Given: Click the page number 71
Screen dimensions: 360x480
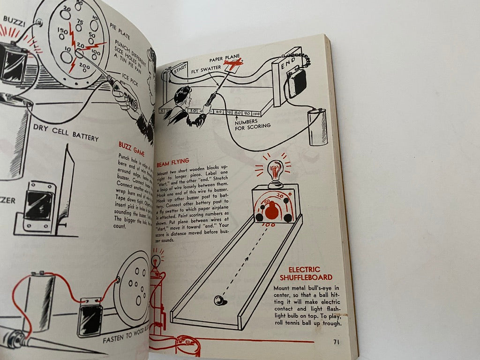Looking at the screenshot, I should coord(336,342).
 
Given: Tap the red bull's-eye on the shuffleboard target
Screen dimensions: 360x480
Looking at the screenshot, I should coord(272,212).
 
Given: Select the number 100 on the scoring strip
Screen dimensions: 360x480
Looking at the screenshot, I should coord(256,113).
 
